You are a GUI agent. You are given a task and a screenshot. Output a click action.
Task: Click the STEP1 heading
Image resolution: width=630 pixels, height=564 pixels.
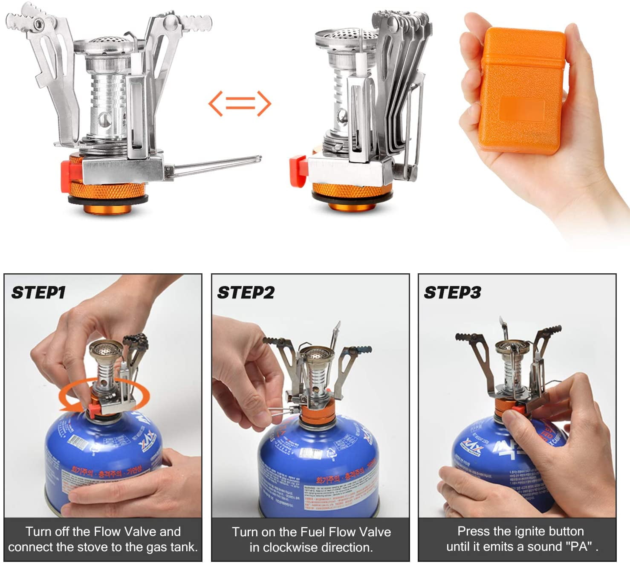click(x=38, y=293)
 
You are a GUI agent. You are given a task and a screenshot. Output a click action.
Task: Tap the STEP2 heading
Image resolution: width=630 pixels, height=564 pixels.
click(x=246, y=293)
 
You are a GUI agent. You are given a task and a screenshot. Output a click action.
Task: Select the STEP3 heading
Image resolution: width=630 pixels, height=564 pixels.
click(x=452, y=293)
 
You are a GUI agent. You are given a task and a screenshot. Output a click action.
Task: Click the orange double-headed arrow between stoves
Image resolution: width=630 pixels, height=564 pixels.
click(x=240, y=104)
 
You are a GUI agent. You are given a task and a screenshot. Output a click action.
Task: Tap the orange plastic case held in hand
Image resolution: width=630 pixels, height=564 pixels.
click(x=522, y=90)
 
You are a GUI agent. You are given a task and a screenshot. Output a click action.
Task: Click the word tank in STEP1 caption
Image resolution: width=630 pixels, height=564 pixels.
click(x=182, y=547)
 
